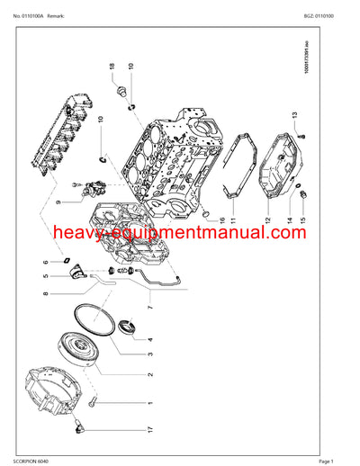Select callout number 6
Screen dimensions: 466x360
(45, 263)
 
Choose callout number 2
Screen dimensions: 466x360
(148, 373)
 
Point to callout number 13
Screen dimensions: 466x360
(293, 114)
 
